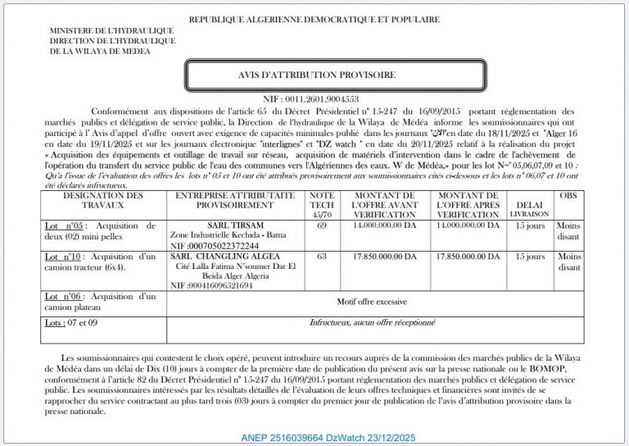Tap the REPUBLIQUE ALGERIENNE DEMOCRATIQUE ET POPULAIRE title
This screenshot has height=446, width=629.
[314, 20]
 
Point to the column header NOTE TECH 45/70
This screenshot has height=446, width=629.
[321, 205]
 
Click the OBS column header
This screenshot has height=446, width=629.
[568, 196]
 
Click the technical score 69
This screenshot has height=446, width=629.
[321, 224]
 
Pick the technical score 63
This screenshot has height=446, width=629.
[321, 257]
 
